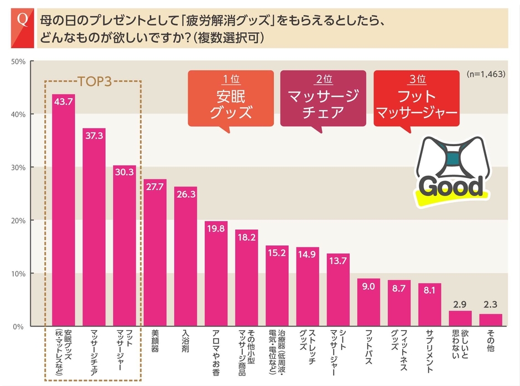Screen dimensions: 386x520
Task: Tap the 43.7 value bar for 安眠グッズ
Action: click(x=64, y=210)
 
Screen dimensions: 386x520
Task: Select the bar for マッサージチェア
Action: click(x=94, y=227)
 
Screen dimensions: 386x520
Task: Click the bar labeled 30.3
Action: click(x=124, y=246)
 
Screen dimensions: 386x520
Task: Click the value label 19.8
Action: click(x=216, y=228)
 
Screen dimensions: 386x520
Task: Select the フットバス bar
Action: click(x=368, y=302)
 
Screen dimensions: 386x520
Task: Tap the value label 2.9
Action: click(x=460, y=305)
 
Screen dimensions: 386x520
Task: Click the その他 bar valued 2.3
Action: click(x=490, y=320)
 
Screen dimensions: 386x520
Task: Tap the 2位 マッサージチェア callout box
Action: click(x=323, y=98)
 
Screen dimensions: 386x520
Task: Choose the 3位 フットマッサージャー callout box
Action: click(x=417, y=98)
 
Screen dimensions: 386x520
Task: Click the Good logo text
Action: click(x=450, y=186)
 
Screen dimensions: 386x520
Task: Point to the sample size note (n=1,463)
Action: click(x=485, y=74)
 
